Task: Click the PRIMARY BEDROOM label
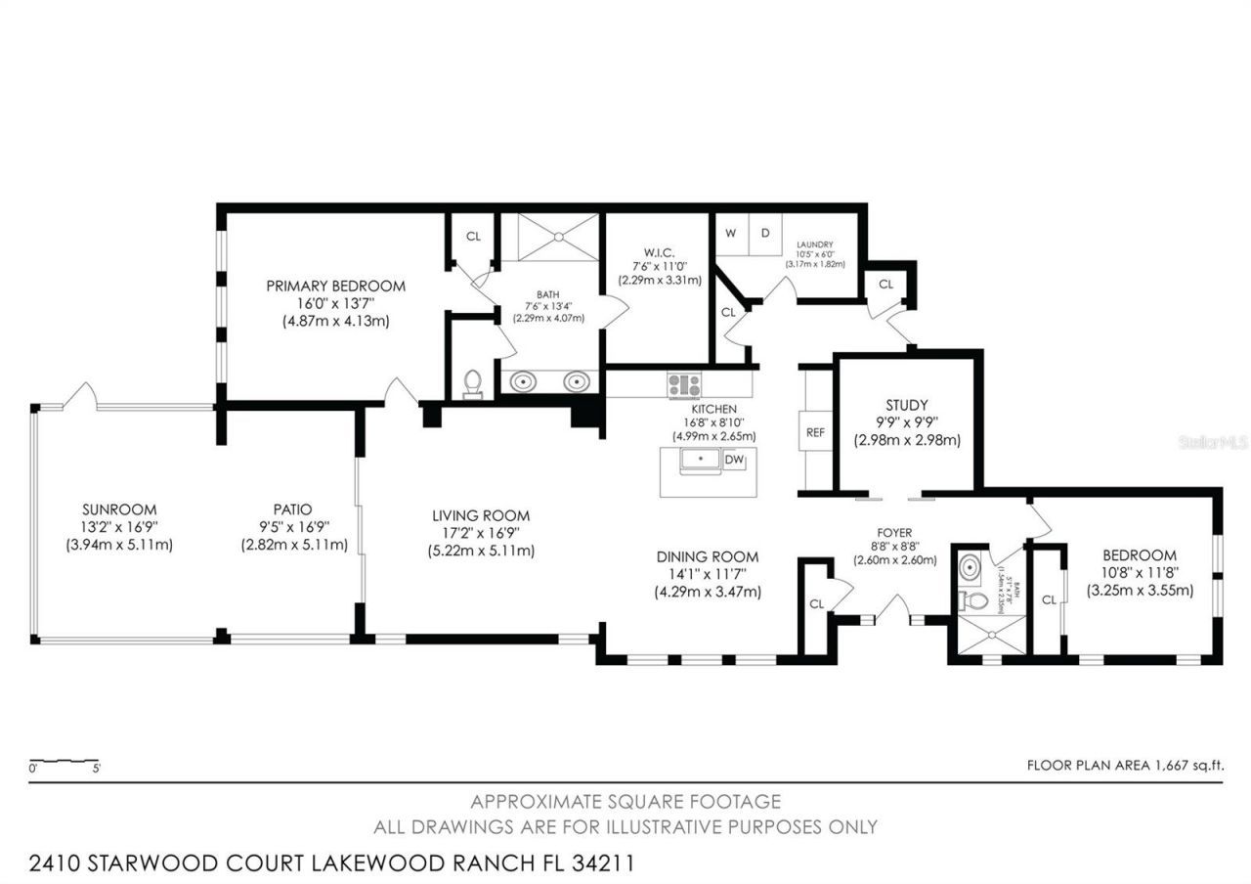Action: (335, 286)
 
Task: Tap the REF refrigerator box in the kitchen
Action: (815, 431)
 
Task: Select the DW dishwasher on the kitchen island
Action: (734, 460)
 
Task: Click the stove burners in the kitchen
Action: (684, 385)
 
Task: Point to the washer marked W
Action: (730, 234)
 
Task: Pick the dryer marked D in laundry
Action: (765, 234)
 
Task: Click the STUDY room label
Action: (906, 405)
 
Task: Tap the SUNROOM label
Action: (119, 509)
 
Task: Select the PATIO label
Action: (292, 509)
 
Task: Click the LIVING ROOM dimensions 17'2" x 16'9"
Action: (481, 533)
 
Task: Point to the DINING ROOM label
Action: (708, 556)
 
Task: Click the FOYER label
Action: (895, 533)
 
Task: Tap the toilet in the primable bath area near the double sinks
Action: (474, 383)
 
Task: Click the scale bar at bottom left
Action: (64, 762)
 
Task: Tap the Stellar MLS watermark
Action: (1213, 442)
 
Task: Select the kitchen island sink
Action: (700, 460)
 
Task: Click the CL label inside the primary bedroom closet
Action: (473, 236)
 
